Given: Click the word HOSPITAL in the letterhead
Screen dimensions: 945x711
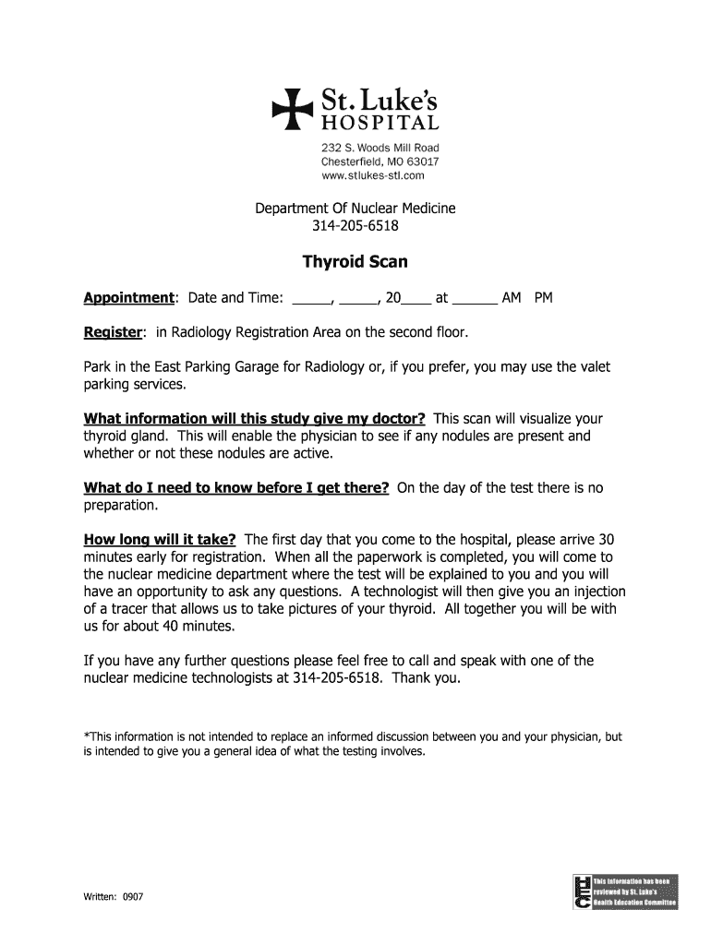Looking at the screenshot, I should point(380,123).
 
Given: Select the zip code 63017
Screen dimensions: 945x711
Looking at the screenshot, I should point(421,161).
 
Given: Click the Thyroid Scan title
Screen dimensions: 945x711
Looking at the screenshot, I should point(355,262).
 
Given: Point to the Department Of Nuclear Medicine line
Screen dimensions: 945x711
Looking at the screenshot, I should point(355,209).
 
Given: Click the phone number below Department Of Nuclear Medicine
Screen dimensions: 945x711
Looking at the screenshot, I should point(355,226).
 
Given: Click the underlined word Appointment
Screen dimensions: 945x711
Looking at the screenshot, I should point(129,298).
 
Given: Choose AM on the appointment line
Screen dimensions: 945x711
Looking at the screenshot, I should point(512,298).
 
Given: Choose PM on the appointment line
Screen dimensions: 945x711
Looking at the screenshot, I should point(543,298).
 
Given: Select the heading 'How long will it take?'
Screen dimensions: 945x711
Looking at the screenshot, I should point(161,540).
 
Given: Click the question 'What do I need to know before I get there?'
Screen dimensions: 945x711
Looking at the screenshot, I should point(235,488).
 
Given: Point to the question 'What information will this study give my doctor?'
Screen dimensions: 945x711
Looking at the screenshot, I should point(254,418).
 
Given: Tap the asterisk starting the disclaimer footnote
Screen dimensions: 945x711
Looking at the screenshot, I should point(87,736).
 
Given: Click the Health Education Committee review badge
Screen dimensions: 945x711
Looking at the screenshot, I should point(625,890).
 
